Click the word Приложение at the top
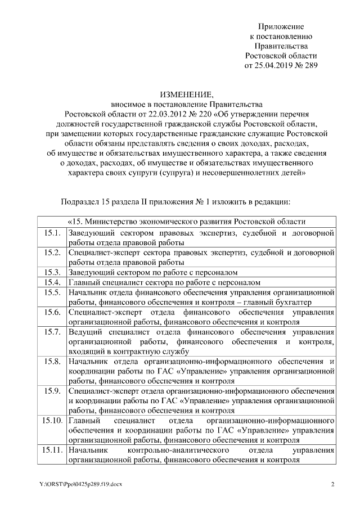point(281,26)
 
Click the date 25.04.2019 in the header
point(275,65)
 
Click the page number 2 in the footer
point(332,485)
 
